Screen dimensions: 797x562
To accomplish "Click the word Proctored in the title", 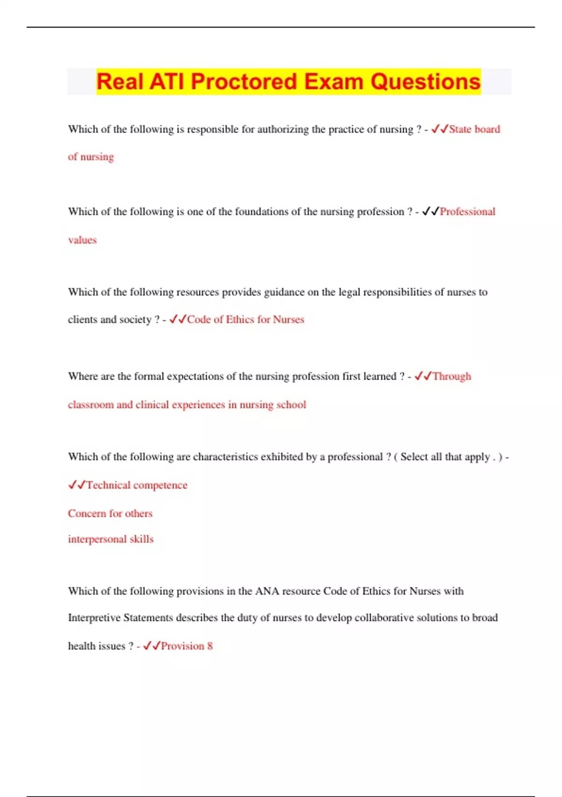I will (244, 82).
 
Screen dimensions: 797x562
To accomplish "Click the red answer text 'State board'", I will (474, 129).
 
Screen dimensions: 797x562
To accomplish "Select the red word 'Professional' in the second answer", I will (467, 212).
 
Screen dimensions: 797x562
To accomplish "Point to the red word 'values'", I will (82, 240).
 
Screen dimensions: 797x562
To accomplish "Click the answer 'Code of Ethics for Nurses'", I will (245, 320).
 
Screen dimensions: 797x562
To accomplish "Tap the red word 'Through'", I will (451, 376).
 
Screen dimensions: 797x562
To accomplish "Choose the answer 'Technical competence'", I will (137, 485).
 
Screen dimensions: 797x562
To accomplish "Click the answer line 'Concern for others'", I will (110, 513).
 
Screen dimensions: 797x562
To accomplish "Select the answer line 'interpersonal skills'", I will (111, 539).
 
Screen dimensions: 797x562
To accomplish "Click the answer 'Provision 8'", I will (186, 646).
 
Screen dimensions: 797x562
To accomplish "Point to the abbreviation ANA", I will (267, 591).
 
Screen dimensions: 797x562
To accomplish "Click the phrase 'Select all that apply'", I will (445, 457).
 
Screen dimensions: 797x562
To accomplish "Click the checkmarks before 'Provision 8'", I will (151, 646).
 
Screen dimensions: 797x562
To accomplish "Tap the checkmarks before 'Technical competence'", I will (77, 485).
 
